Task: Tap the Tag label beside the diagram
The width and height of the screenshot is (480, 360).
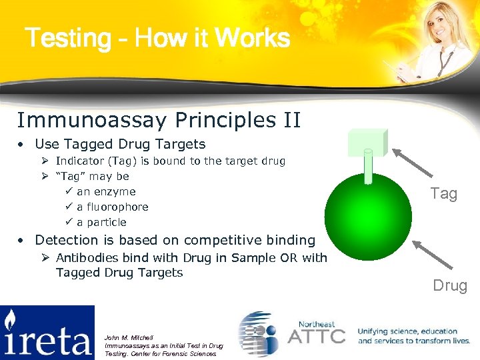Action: coord(444,194)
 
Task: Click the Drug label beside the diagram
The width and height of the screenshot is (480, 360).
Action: coord(450,286)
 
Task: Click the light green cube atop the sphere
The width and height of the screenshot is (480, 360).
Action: coord(367,141)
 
